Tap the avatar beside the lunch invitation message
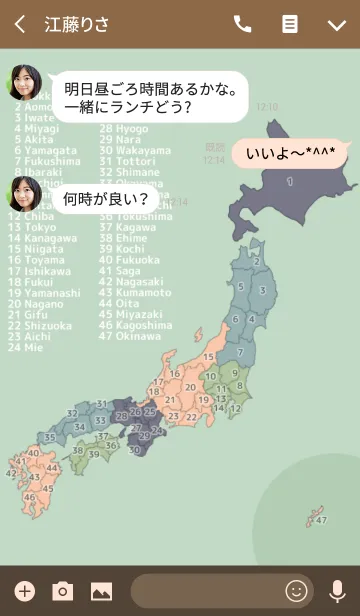[24, 83]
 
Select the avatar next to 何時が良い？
[24, 193]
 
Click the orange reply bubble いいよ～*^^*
[289, 154]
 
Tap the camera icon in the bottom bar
[62, 591]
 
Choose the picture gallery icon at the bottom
[101, 591]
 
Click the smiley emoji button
[296, 591]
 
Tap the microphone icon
[337, 591]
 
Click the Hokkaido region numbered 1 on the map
[290, 180]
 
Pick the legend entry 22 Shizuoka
[40, 326]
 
